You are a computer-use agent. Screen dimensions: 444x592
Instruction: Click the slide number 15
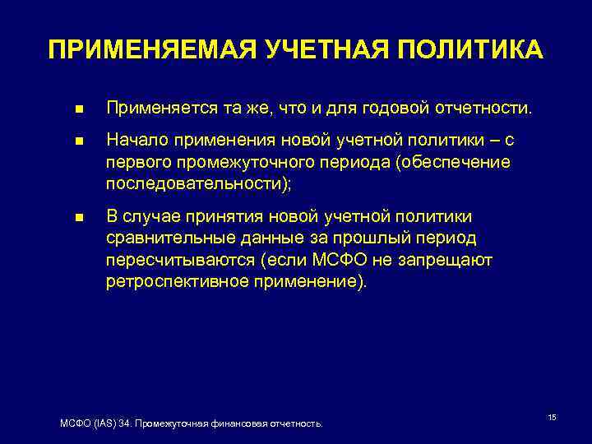coord(552,419)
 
